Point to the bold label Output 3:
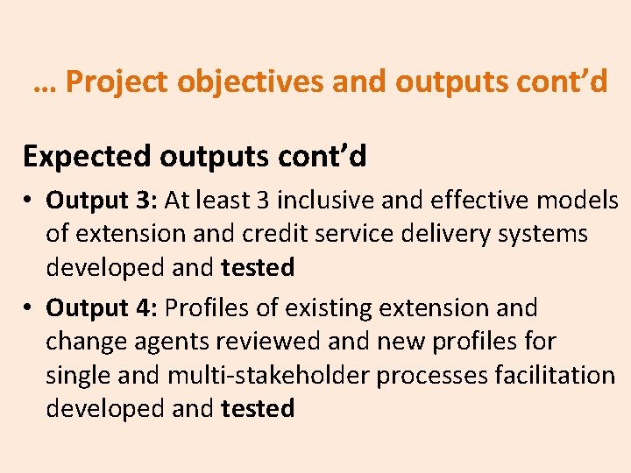[x=101, y=201]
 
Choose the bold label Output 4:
[x=101, y=308]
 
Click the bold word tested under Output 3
[x=258, y=267]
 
